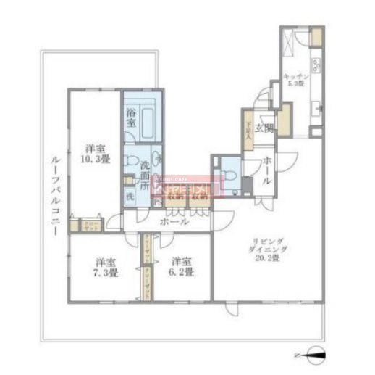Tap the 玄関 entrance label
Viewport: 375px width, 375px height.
tap(268, 128)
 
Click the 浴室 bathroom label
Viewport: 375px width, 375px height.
tap(131, 118)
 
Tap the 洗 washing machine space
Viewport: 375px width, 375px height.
tap(130, 196)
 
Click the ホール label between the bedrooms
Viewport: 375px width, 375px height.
tap(174, 221)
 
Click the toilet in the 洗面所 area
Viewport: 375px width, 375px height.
tap(135, 158)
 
